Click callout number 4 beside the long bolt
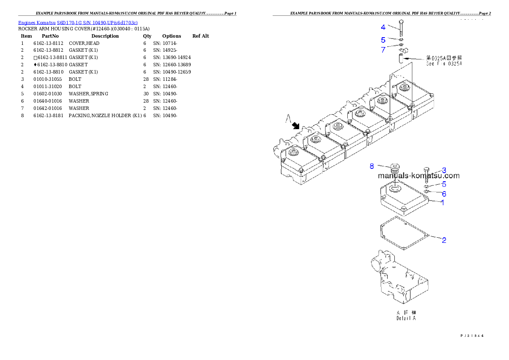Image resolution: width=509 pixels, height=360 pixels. (383, 27)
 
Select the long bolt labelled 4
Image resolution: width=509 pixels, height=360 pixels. (401, 28)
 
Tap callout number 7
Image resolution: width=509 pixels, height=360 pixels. (383, 50)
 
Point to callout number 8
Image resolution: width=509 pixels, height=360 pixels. (372, 165)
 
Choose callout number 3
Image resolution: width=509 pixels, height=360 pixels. (444, 170)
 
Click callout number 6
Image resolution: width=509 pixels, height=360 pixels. (444, 194)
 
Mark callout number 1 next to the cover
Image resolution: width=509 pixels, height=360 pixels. (443, 202)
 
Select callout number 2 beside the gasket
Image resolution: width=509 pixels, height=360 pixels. (444, 240)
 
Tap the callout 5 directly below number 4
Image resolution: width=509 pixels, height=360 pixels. (383, 40)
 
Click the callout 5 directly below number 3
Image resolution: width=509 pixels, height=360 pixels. (444, 184)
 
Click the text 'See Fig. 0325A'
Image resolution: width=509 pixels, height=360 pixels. (444, 64)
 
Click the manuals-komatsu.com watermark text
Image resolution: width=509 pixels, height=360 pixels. (419, 175)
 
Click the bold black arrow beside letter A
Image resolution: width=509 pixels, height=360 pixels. (295, 126)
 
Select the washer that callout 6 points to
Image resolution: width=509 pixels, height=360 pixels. (427, 191)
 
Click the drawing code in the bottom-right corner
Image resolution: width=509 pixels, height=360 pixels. (471, 336)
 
